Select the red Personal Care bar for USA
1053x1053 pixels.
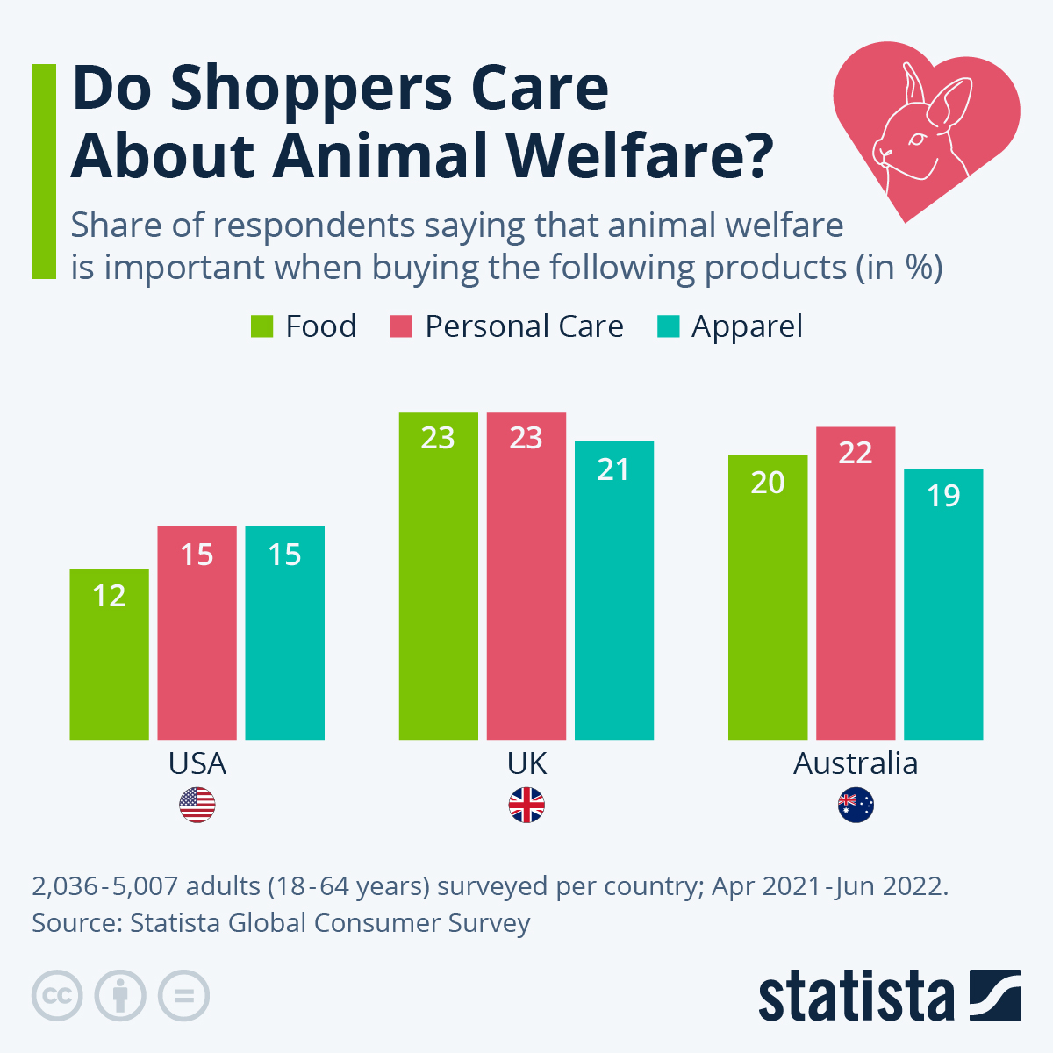tap(197, 633)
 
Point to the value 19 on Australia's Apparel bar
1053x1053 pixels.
tap(943, 496)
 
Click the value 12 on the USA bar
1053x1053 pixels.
tap(109, 596)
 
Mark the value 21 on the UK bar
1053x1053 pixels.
tap(613, 469)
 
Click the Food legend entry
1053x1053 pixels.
tap(304, 326)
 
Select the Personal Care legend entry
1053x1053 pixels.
tap(507, 326)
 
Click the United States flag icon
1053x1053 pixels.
tap(197, 805)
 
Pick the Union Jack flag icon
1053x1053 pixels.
tap(526, 805)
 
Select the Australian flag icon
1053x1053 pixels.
tap(856, 805)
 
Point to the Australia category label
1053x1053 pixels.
tap(856, 763)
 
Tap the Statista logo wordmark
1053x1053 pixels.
tap(856, 996)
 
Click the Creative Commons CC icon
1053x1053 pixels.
tap(57, 996)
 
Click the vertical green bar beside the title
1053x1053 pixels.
tap(43, 171)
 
